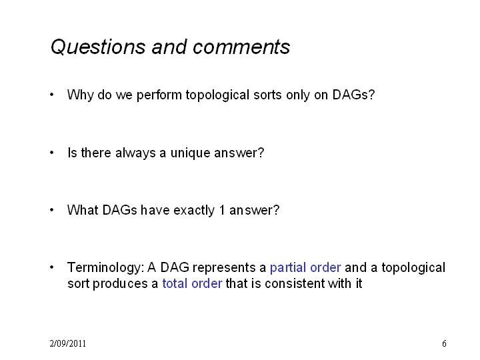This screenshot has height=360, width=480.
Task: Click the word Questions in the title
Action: click(98, 47)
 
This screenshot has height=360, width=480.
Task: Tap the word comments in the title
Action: click(241, 47)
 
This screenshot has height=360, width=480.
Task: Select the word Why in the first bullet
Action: click(81, 95)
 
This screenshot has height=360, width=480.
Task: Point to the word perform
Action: click(159, 95)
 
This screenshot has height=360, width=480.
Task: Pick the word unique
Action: click(191, 153)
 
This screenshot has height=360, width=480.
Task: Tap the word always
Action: click(135, 153)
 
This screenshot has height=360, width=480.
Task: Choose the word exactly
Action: click(194, 211)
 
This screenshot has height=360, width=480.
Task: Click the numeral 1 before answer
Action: click(222, 210)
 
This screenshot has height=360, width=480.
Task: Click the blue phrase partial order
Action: click(305, 267)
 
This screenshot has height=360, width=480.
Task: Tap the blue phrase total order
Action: click(192, 283)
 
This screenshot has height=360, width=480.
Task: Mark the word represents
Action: click(229, 268)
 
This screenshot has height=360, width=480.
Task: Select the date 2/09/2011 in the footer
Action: click(67, 343)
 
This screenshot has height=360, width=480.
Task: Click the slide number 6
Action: click(444, 343)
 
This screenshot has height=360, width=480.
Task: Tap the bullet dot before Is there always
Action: click(52, 152)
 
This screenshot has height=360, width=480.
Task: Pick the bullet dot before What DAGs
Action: click(52, 210)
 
